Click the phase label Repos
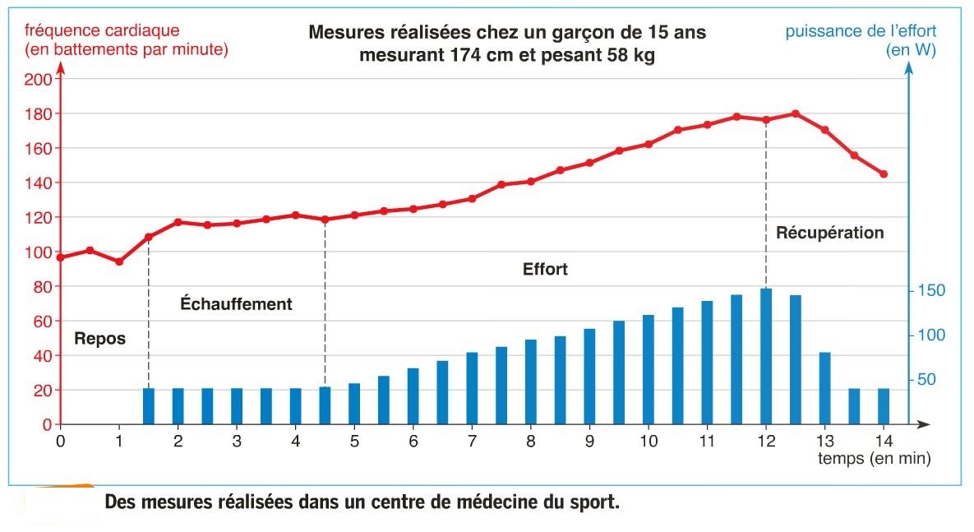(99, 338)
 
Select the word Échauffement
(236, 304)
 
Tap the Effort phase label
(545, 269)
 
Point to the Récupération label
(829, 233)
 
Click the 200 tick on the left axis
(40, 80)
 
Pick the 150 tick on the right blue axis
(932, 291)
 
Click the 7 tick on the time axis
(472, 440)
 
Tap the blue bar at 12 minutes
(766, 356)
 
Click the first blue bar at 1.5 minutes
(149, 406)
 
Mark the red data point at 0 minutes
(61, 257)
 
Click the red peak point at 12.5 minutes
(795, 113)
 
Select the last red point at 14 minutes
(884, 174)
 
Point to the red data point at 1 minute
(119, 261)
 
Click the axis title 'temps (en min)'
(874, 459)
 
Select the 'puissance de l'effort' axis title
(861, 32)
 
